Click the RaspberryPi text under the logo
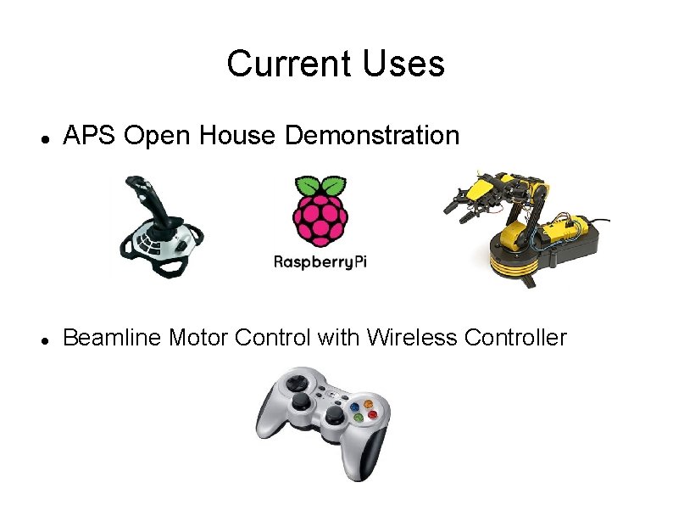(320, 262)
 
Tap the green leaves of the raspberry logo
(320, 186)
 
